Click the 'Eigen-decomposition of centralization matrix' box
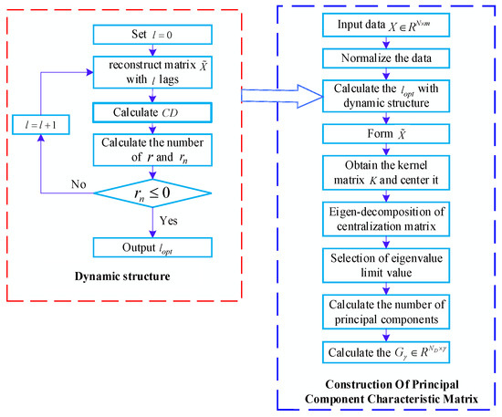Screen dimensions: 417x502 (383, 217)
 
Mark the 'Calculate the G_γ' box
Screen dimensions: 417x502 (383, 346)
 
